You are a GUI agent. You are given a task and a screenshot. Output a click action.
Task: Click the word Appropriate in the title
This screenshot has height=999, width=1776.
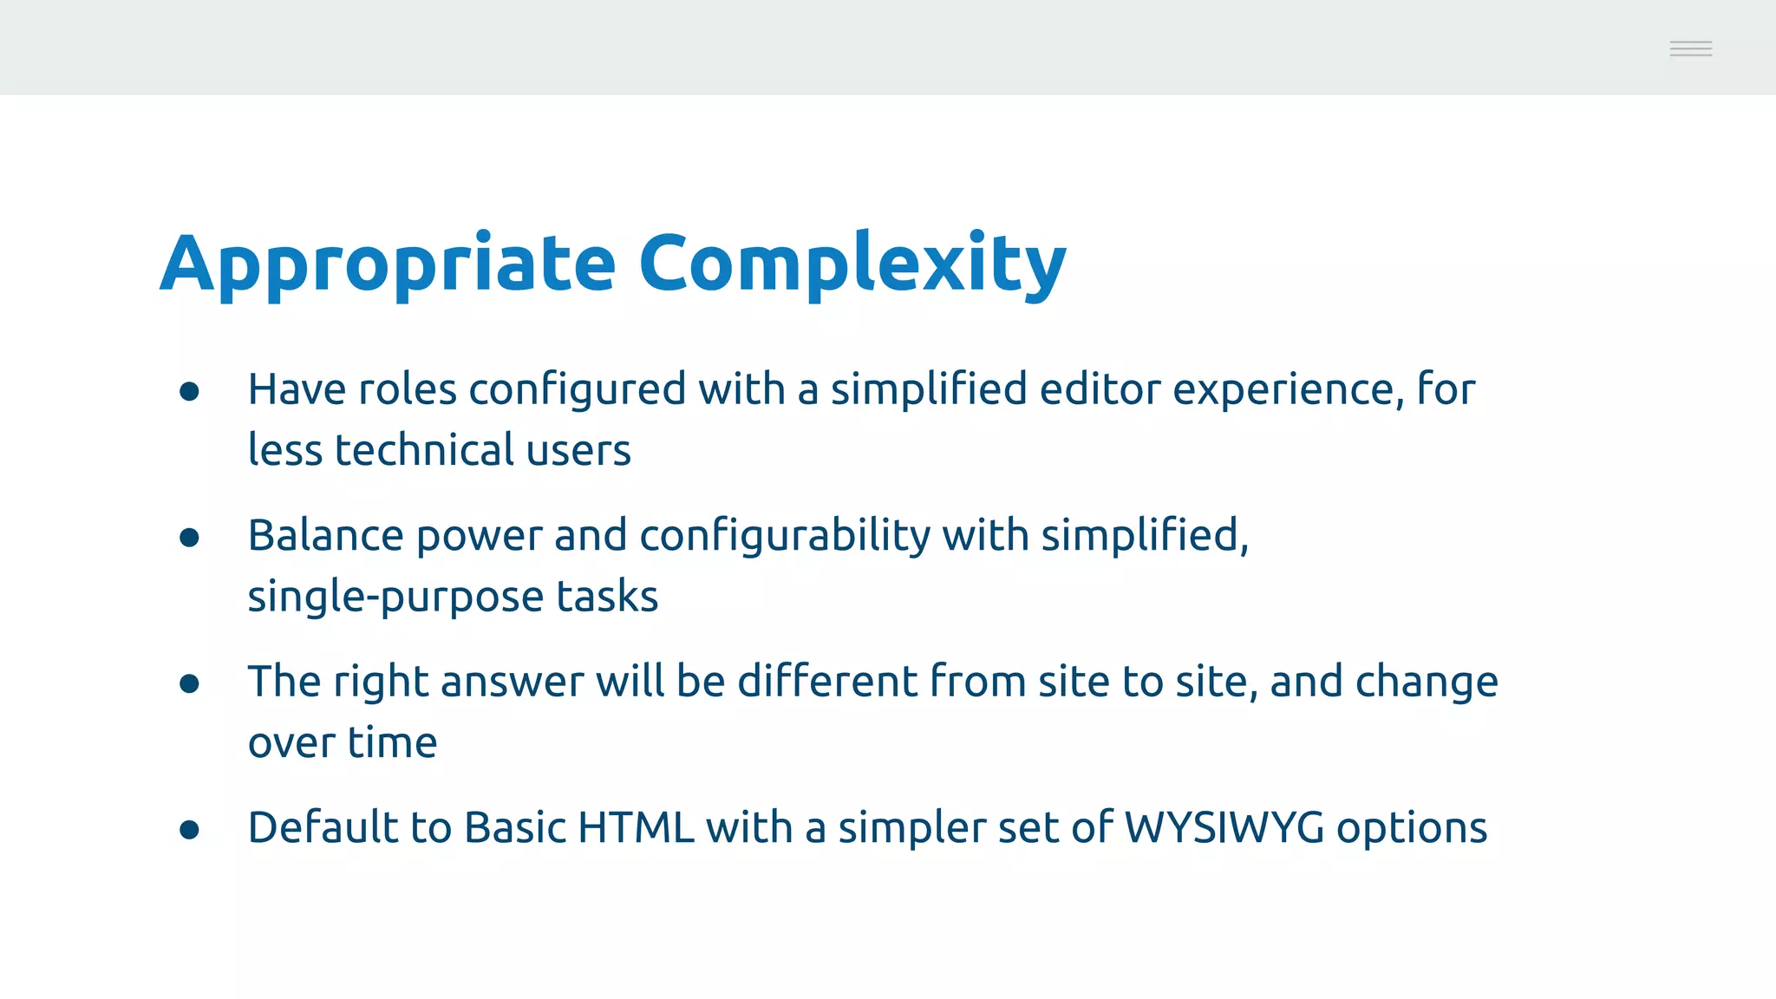point(388,264)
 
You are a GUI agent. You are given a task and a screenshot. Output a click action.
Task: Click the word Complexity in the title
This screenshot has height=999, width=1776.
point(852,264)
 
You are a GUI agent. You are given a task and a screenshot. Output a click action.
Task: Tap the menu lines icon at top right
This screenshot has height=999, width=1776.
point(1690,49)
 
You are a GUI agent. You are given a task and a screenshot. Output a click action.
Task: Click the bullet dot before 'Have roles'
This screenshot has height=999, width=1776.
point(189,392)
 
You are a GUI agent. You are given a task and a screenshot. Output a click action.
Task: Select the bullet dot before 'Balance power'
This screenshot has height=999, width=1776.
point(189,539)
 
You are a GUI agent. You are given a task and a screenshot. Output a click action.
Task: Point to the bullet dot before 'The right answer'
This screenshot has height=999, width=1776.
point(189,684)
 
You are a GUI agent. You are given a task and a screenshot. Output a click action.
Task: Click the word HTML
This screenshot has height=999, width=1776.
point(636,827)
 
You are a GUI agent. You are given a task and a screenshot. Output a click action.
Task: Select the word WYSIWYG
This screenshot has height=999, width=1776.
point(1224,827)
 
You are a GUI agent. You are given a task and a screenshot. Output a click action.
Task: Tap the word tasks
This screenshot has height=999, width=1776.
point(607,597)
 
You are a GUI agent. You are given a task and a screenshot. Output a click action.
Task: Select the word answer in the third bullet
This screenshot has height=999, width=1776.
point(512,682)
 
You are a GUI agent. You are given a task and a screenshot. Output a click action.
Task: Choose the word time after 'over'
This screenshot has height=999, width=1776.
point(392,742)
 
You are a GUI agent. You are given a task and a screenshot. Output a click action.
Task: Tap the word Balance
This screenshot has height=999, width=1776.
point(325,535)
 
